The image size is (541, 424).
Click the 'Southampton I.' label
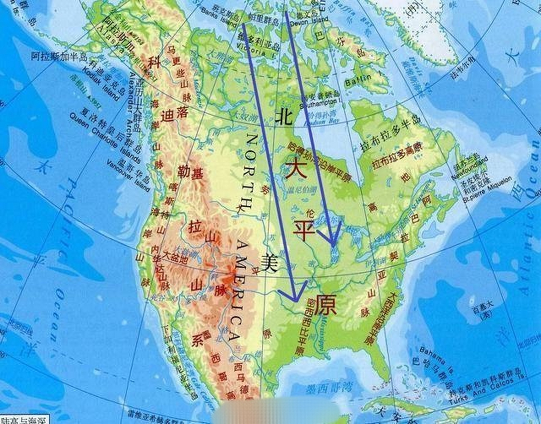320,103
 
